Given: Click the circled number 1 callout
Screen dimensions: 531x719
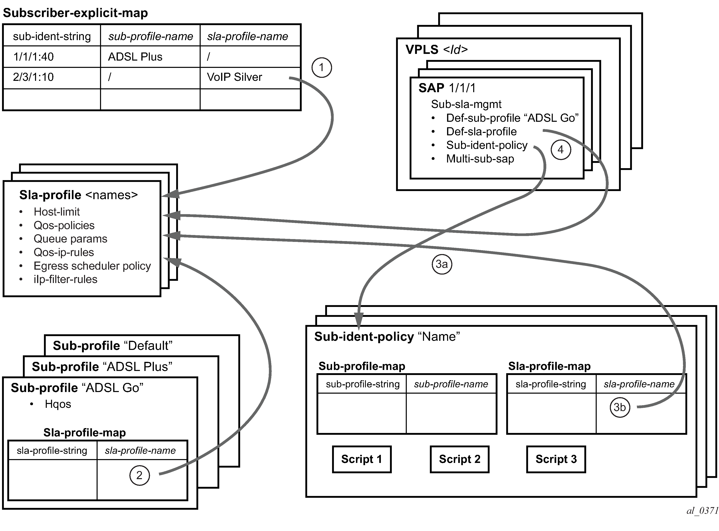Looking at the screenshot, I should pos(322,67).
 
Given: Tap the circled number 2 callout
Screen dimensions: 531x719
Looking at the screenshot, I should pos(140,475).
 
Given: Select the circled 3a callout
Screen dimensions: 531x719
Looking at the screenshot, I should pos(441,264).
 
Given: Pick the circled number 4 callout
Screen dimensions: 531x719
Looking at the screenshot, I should pos(561,150).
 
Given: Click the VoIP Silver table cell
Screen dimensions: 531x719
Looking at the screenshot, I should pos(234,77).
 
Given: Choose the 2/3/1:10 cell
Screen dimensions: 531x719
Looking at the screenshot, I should pos(33,77).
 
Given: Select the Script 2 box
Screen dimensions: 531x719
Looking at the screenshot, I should pos(459,459).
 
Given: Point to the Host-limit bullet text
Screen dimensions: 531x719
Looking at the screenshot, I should pos(56,212).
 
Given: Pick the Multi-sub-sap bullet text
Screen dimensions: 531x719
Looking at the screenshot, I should pos(480,159).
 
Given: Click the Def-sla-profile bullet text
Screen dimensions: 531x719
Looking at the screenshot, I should pos(481,132).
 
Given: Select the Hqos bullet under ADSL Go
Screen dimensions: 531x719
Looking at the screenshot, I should pos(58,404).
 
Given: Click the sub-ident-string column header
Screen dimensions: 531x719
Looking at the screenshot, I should pos(52,36).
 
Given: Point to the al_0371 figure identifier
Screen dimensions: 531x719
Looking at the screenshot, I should pos(702,510).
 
